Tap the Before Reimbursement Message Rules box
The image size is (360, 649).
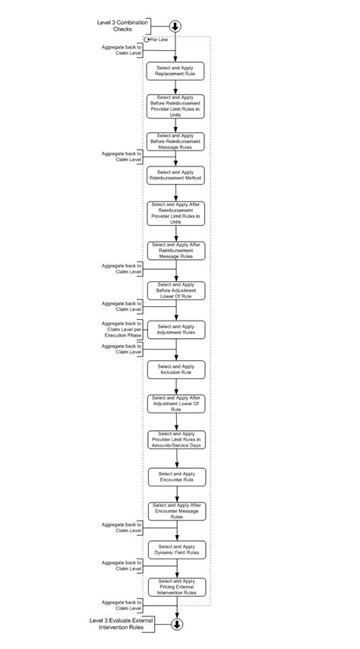click(x=176, y=141)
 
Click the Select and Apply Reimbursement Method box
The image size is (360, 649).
click(x=176, y=176)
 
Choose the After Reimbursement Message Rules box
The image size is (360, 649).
click(x=176, y=250)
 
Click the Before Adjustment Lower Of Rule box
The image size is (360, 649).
click(x=176, y=291)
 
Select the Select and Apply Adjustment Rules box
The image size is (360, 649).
click(x=176, y=329)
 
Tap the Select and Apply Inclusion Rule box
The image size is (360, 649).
click(x=176, y=369)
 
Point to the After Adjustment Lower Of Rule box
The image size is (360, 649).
click(x=176, y=404)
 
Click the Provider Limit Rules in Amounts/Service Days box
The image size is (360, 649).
click(x=176, y=440)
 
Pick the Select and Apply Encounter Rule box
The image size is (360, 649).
click(x=176, y=477)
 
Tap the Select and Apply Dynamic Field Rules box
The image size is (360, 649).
click(x=176, y=549)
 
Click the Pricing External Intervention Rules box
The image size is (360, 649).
click(x=176, y=586)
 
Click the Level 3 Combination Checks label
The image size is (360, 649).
click(x=122, y=26)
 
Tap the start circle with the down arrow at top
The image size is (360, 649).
click(x=176, y=26)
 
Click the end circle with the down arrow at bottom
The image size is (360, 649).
click(x=177, y=625)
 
